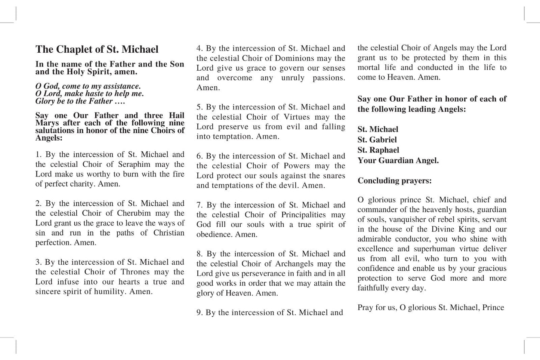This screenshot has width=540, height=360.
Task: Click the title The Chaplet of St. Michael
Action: click(97, 49)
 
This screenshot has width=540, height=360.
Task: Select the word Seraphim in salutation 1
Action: click(134, 164)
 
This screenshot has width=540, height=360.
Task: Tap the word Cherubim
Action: click(134, 213)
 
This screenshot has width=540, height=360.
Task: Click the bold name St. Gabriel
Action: click(377, 140)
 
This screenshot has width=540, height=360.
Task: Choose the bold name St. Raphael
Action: click(378, 150)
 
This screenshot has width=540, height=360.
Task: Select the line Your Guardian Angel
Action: click(398, 161)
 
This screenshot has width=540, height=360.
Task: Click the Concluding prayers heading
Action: click(394, 181)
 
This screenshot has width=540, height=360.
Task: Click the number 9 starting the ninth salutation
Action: click(199, 313)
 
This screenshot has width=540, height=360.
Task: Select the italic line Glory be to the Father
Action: click(80, 101)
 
